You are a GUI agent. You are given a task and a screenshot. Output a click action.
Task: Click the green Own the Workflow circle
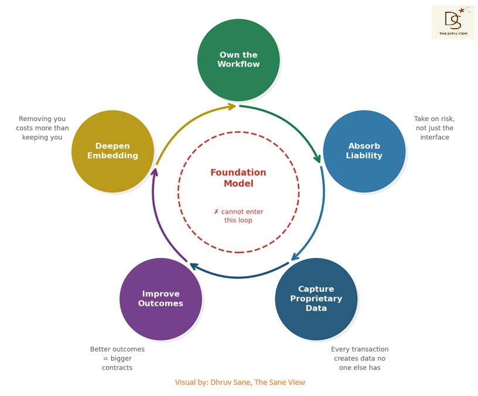[238, 60]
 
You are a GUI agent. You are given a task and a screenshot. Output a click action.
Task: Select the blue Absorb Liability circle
[364, 151]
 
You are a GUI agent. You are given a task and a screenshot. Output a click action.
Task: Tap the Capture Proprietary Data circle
[316, 298]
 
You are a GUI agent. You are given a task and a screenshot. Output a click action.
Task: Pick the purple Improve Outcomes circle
[161, 299]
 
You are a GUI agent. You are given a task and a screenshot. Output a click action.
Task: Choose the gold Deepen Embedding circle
[112, 151]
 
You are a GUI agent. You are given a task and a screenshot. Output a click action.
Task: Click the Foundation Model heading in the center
[238, 178]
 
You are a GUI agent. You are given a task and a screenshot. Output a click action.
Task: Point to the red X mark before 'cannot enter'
[216, 212]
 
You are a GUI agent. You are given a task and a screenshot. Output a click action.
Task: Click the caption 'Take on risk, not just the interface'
[434, 128]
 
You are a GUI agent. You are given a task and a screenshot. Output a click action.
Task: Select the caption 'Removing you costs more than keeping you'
[42, 128]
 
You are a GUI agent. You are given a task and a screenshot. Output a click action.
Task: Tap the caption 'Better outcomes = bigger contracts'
[117, 358]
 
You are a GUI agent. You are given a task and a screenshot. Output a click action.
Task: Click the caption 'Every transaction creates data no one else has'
[360, 358]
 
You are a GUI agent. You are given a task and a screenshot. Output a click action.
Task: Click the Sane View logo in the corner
[453, 22]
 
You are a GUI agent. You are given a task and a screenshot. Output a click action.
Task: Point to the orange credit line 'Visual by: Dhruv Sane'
[240, 382]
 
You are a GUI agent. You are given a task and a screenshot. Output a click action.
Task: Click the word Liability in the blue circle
[364, 156]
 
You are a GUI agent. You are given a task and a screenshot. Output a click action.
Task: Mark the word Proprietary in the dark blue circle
[316, 298]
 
